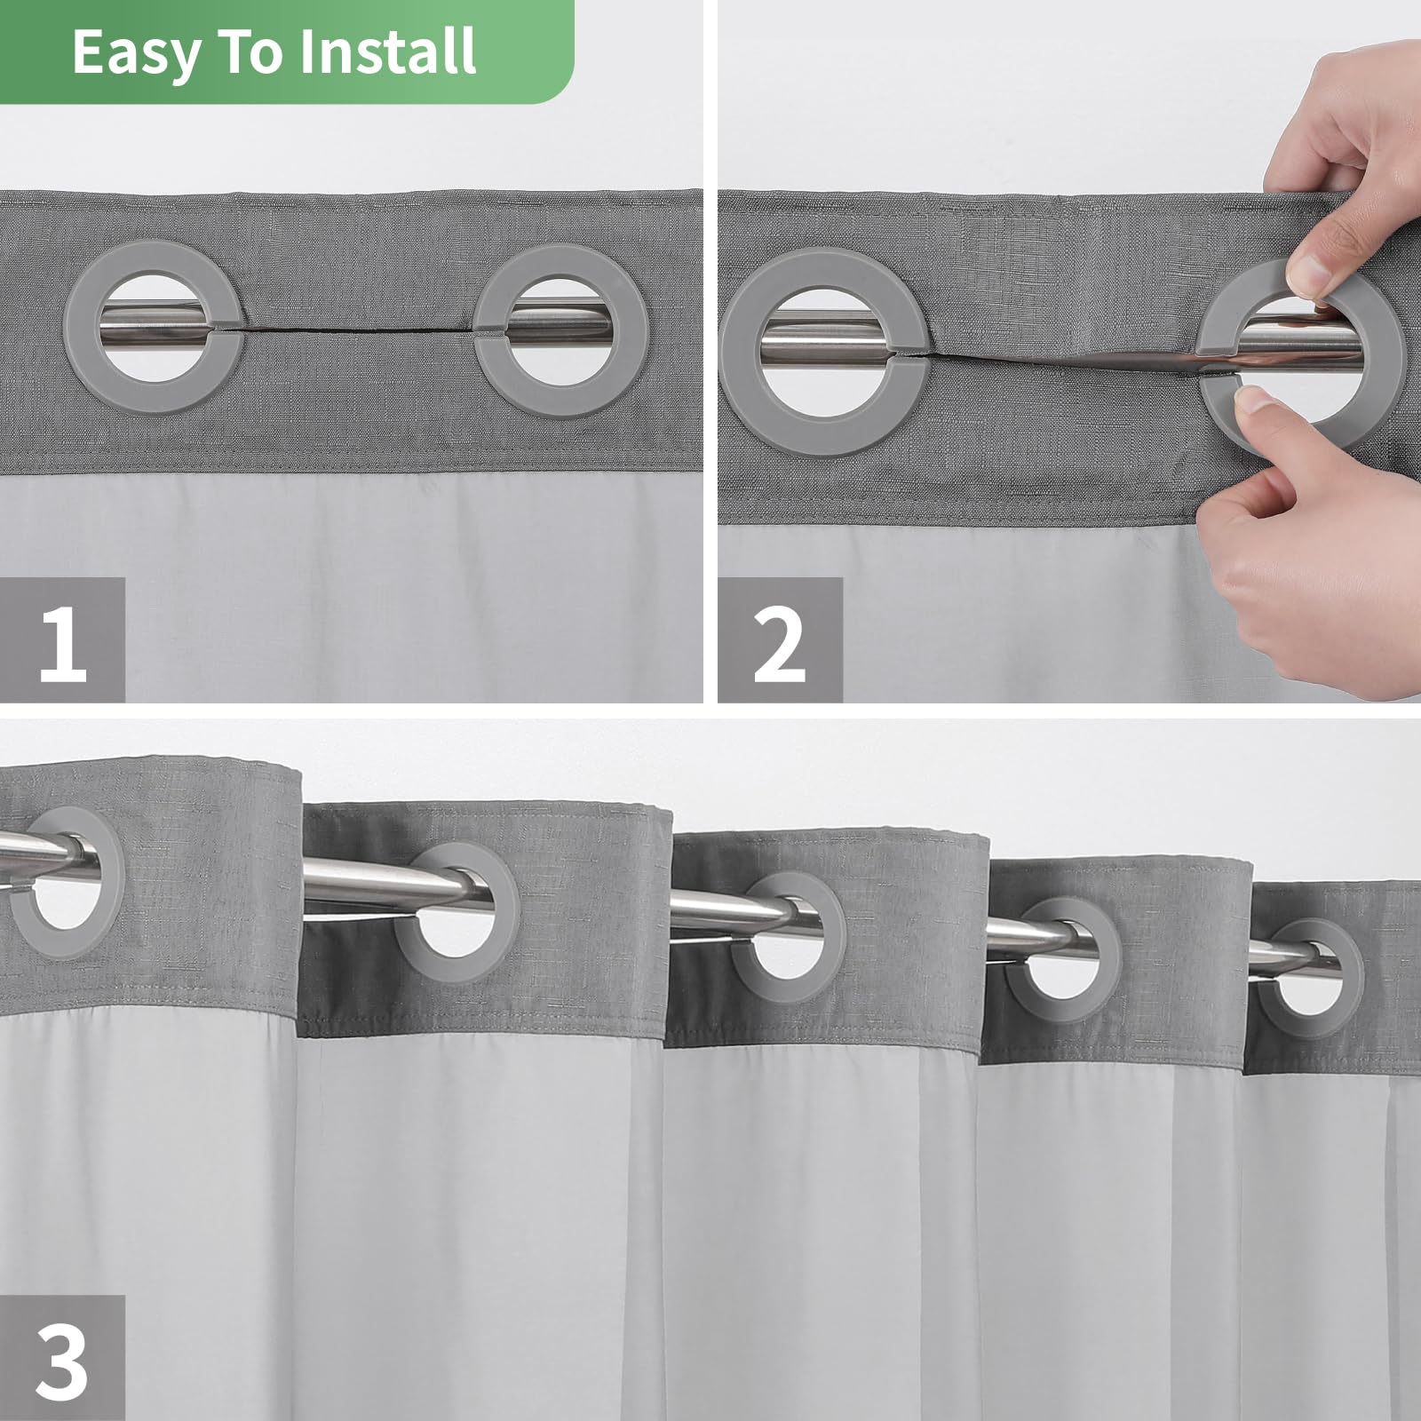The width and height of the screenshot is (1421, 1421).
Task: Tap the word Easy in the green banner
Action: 136,52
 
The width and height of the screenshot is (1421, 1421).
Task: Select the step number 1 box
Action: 62,640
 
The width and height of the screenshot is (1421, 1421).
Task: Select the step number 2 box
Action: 779,640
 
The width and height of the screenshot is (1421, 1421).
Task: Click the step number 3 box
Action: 62,1358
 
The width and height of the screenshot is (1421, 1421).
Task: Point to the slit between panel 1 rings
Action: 355,329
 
